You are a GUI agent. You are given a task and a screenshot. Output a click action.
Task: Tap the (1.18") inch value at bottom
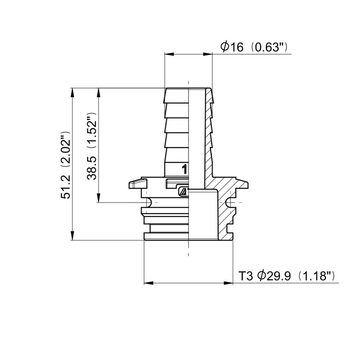[317, 276]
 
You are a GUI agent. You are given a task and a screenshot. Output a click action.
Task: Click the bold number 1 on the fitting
[184, 169]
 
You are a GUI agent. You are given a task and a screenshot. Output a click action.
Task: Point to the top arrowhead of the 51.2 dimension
[72, 91]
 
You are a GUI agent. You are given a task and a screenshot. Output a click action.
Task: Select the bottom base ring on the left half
[166, 237]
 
